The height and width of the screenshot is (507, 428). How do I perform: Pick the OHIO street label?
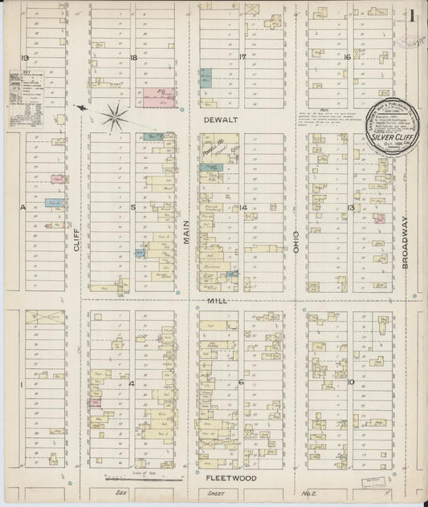296,245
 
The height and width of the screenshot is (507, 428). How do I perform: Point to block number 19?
25,59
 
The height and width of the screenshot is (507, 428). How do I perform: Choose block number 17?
242,57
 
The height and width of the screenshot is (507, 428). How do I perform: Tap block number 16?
348,57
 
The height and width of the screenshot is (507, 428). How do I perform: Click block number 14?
243,208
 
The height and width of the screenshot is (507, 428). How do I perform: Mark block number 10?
351,382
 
